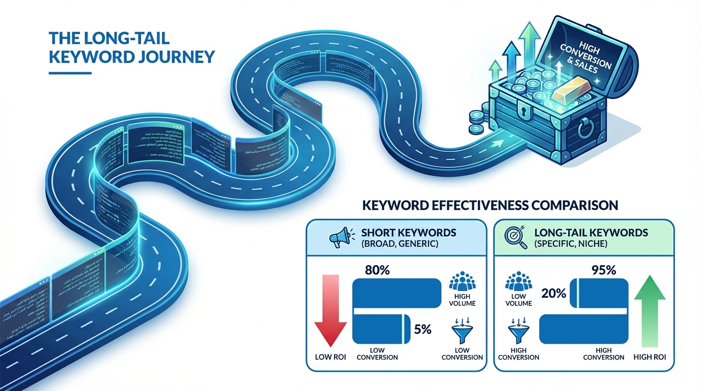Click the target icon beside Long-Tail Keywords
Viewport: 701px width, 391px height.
click(515, 238)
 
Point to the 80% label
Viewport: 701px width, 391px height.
click(378, 270)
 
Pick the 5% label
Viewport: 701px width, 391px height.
click(423, 329)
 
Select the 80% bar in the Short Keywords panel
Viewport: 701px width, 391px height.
click(397, 293)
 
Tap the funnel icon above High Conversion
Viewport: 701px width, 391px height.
click(518, 333)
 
